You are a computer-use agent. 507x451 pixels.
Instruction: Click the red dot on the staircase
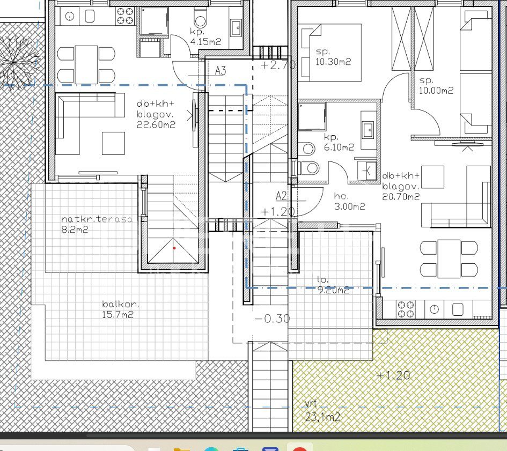[174, 248]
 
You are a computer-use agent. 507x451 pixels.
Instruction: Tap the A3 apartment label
[221, 70]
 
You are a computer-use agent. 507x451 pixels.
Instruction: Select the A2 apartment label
[282, 196]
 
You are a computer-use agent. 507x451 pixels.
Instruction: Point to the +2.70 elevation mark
[278, 65]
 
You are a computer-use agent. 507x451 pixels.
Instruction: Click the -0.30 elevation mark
[273, 319]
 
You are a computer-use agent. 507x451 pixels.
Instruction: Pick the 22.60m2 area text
[156, 125]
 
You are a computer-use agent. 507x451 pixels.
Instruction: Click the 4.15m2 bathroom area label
[205, 42]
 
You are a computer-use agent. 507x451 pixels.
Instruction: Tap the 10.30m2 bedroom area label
[333, 62]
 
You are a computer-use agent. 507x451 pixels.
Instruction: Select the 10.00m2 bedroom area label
[436, 91]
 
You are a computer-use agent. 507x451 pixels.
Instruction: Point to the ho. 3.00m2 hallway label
[349, 201]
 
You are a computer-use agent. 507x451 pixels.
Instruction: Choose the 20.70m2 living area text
[401, 197]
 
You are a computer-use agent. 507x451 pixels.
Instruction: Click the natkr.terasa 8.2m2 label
[97, 224]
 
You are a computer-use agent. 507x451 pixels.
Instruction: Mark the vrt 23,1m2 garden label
[322, 411]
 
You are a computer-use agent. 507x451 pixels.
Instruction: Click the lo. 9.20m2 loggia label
[333, 285]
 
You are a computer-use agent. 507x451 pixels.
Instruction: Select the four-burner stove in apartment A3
[125, 16]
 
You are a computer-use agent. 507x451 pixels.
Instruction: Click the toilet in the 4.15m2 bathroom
[201, 18]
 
